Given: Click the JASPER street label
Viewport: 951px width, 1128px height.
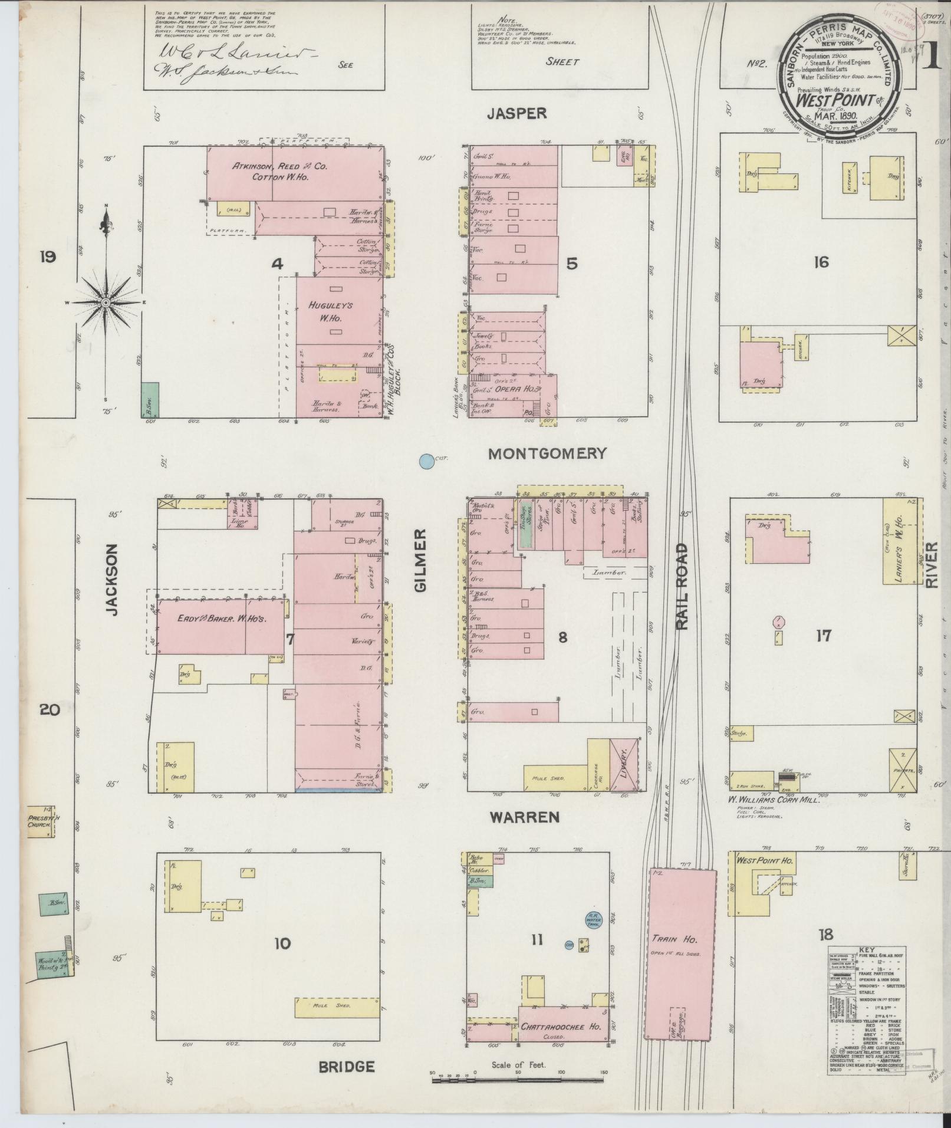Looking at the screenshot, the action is [x=517, y=113].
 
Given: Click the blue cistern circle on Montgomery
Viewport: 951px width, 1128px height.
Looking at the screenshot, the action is [x=425, y=462].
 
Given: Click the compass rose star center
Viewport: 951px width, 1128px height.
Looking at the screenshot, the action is [x=106, y=302].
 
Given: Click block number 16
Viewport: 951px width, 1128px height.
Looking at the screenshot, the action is [x=821, y=262].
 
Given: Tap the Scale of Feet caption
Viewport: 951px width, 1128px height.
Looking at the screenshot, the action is [x=518, y=1064].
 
